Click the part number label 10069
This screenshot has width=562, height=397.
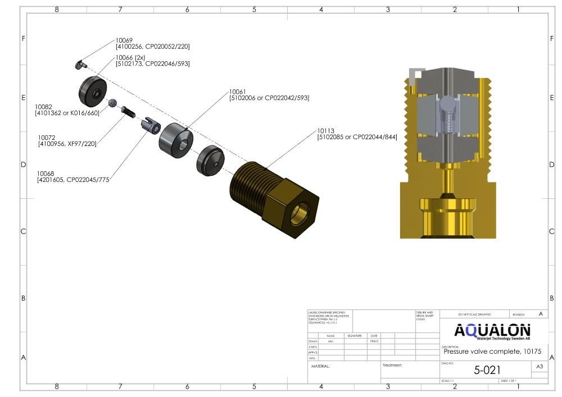click(x=124, y=40)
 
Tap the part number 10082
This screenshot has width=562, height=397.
click(x=43, y=107)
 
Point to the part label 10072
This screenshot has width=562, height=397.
click(x=47, y=138)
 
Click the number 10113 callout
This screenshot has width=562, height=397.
click(x=325, y=131)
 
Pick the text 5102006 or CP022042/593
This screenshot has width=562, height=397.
click(x=269, y=98)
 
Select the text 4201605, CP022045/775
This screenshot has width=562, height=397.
click(x=73, y=180)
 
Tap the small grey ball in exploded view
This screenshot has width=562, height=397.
click(x=112, y=103)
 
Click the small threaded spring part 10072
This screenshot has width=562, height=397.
click(x=129, y=113)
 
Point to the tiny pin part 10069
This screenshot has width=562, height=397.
click(x=80, y=65)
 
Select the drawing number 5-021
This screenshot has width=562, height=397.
click(x=487, y=370)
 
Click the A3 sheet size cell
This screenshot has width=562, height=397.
click(x=540, y=367)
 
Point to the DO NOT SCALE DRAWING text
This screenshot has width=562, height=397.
click(x=474, y=314)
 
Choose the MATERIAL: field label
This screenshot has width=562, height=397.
click(x=320, y=366)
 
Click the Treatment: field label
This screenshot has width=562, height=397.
click(x=392, y=365)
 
